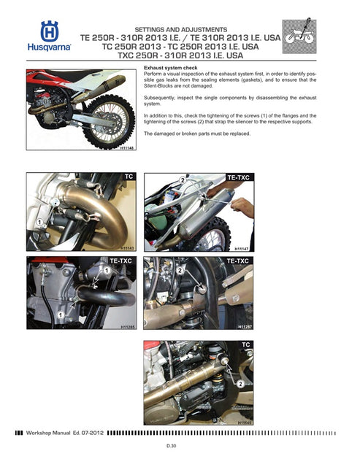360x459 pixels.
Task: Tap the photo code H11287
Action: click(243, 328)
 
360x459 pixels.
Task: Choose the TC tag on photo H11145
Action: click(245, 342)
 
